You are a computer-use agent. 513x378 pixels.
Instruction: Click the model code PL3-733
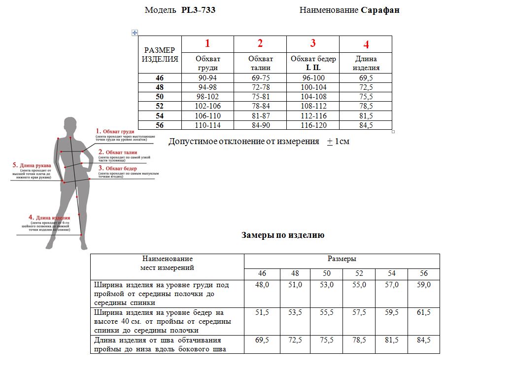(198, 10)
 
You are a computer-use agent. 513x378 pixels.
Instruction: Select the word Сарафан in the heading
(380, 10)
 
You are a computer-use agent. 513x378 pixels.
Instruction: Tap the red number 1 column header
(207, 43)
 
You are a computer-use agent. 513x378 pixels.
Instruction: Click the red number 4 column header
(366, 44)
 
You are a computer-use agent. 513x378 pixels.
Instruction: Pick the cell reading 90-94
(207, 78)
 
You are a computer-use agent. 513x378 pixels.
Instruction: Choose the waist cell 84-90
(260, 125)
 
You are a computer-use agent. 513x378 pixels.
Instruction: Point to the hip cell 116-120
(313, 125)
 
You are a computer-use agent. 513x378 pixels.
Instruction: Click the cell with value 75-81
(260, 97)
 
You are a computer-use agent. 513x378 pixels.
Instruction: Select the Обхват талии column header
(260, 63)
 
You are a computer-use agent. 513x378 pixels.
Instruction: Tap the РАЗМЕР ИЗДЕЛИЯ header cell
(160, 55)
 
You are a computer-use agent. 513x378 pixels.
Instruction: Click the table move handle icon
(135, 33)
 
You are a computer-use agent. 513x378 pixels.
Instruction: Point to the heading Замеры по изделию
(283, 235)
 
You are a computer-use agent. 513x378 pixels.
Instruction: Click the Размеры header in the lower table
(342, 259)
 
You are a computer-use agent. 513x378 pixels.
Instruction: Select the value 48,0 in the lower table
(262, 285)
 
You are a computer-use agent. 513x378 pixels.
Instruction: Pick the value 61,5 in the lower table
(423, 312)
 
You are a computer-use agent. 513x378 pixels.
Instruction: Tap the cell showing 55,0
(359, 285)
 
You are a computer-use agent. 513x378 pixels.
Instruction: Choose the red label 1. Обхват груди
(115, 131)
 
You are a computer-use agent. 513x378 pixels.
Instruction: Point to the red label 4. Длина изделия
(49, 217)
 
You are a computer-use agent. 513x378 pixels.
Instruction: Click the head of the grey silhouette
(70, 123)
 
